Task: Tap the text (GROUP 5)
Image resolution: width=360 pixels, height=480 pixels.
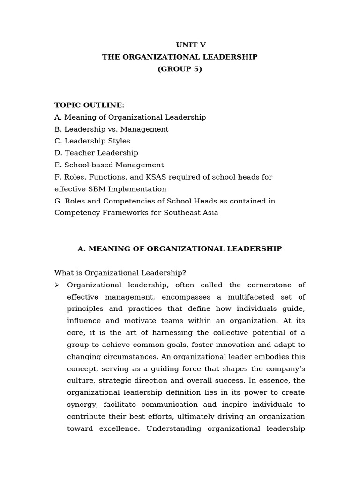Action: pyautogui.click(x=180, y=69)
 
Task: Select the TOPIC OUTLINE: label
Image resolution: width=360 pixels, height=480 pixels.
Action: pyautogui.click(x=90, y=105)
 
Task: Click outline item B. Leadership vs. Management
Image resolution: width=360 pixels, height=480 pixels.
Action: pyautogui.click(x=112, y=129)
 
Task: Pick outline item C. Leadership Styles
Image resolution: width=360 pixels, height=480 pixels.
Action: pyautogui.click(x=92, y=141)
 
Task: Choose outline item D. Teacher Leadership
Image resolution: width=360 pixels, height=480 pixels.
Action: pyautogui.click(x=96, y=153)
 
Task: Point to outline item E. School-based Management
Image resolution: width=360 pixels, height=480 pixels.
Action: pyautogui.click(x=109, y=165)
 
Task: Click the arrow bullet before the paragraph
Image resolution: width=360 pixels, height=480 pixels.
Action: pyautogui.click(x=57, y=285)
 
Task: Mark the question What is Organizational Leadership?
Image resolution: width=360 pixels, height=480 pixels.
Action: pyautogui.click(x=120, y=273)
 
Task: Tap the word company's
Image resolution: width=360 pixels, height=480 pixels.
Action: pyautogui.click(x=285, y=369)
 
